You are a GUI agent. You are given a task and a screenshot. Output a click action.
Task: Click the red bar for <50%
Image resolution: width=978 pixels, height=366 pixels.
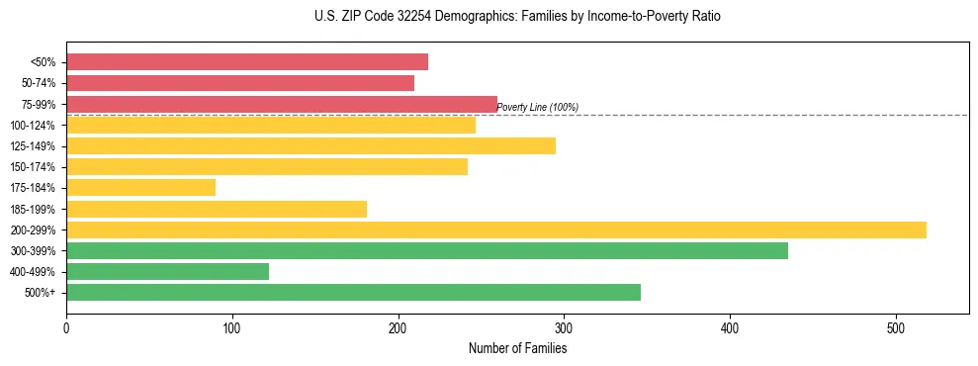click(x=247, y=62)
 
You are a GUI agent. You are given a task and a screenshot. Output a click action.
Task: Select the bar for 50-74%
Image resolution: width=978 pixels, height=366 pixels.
click(x=240, y=83)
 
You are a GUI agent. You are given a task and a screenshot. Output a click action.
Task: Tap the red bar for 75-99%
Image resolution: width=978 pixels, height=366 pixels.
click(x=282, y=104)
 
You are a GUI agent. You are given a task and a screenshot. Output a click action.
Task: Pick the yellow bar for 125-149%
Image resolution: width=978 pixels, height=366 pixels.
click(x=311, y=145)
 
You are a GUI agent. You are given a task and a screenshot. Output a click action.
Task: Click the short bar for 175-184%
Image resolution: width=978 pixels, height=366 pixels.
click(x=140, y=187)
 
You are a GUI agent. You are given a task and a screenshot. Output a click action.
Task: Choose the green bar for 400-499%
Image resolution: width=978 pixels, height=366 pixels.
click(x=167, y=271)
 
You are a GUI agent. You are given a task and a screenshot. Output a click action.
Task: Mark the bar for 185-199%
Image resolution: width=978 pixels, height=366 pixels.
click(x=217, y=209)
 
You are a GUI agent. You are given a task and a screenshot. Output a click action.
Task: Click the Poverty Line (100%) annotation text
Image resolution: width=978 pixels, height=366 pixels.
click(x=537, y=107)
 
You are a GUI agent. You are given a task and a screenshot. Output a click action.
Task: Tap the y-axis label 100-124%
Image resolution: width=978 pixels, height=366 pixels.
click(x=33, y=126)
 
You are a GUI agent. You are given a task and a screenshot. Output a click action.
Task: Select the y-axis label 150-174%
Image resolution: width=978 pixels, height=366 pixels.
click(x=33, y=167)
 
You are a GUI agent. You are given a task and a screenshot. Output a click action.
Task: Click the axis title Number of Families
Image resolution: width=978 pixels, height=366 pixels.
click(x=517, y=348)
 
